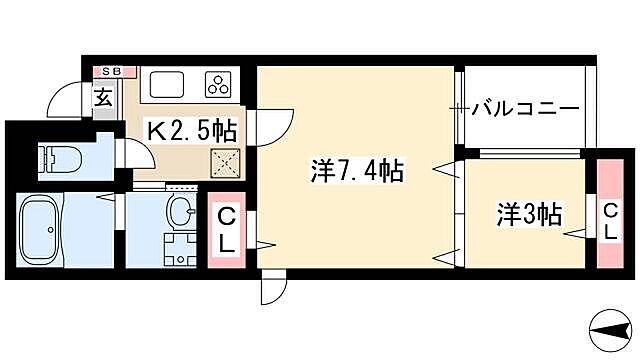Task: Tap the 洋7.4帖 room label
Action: pyautogui.click(x=356, y=172)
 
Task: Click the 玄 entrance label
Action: pyautogui.click(x=104, y=97)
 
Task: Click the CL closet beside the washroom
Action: pyautogui.click(x=227, y=230)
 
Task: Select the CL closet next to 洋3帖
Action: pyautogui.click(x=610, y=215)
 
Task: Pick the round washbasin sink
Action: pyautogui.click(x=181, y=212)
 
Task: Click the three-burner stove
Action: pyautogui.click(x=219, y=83)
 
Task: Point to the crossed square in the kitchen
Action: pyautogui.click(x=225, y=162)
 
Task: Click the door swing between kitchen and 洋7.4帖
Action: pyautogui.click(x=274, y=119)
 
